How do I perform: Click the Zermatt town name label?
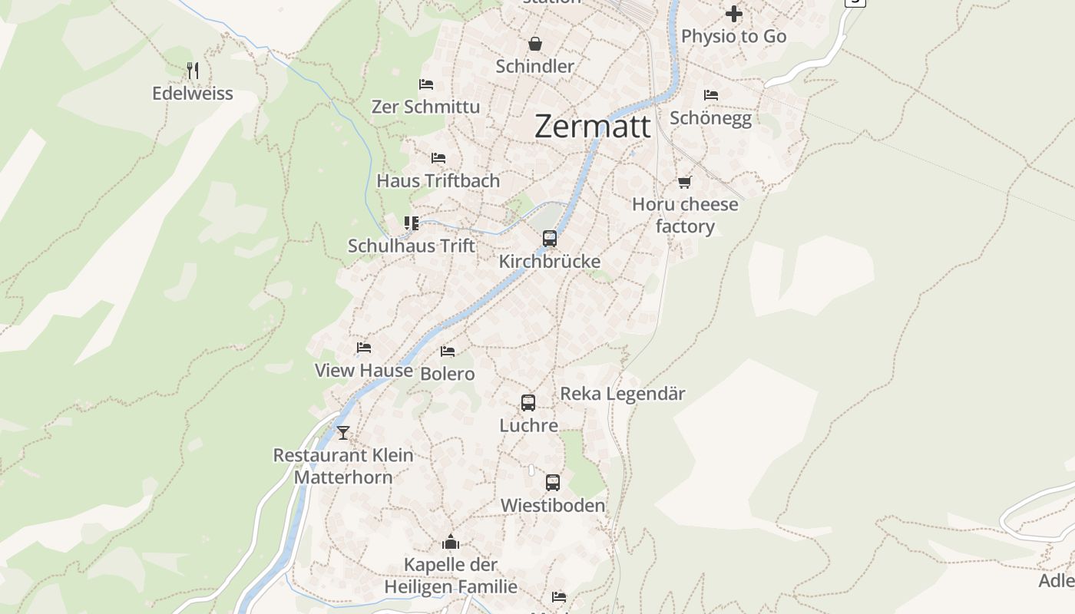(592, 127)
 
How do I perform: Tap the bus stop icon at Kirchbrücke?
(550, 239)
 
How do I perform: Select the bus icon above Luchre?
(528, 403)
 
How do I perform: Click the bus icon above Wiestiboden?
(553, 483)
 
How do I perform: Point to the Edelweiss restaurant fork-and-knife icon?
(193, 71)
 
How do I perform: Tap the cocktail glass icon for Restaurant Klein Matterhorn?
(343, 433)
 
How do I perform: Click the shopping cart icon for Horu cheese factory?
(684, 182)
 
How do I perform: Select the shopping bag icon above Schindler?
(535, 45)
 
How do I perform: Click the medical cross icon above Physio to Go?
(734, 14)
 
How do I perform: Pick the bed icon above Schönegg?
(711, 95)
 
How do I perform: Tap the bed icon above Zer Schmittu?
(426, 84)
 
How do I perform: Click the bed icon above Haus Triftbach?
(438, 158)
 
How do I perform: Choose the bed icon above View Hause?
(364, 348)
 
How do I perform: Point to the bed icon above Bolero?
(448, 352)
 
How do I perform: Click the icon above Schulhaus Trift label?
(412, 223)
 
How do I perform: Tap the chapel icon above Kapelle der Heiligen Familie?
(451, 543)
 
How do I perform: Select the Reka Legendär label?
(623, 394)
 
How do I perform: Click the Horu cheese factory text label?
(685, 215)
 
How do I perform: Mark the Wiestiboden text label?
(553, 506)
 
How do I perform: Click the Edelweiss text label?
(193, 94)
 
